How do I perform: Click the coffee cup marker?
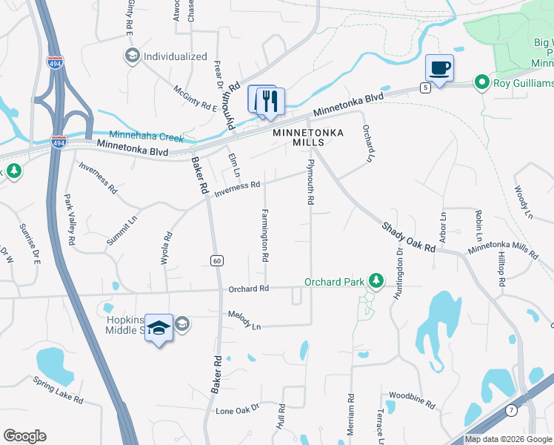pyautogui.click(x=439, y=69)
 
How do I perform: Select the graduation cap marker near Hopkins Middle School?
pyautogui.click(x=158, y=329)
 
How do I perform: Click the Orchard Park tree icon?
pyautogui.click(x=377, y=280)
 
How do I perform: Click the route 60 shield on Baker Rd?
pyautogui.click(x=216, y=260)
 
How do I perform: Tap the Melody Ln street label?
pyautogui.click(x=245, y=321)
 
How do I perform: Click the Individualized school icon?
pyautogui.click(x=133, y=56)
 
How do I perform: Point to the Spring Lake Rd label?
pyautogui.click(x=58, y=389)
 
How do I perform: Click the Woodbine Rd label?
pyautogui.click(x=411, y=400)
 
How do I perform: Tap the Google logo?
pyautogui.click(x=24, y=436)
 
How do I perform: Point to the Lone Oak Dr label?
pyautogui.click(x=237, y=409)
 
